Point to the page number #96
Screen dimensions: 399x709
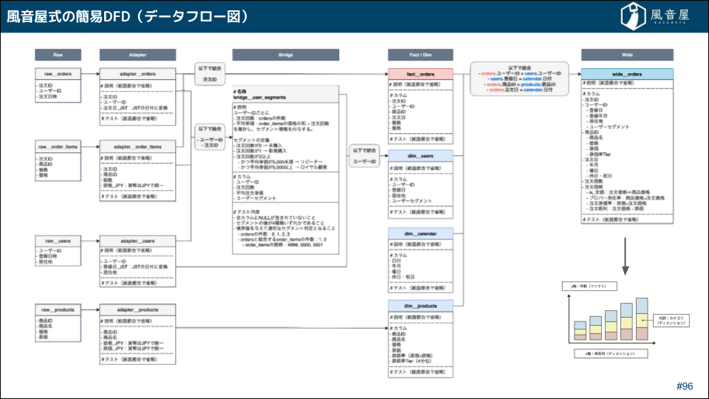[685, 386]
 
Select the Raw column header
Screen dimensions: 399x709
[58, 55]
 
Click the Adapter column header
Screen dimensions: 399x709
[137, 55]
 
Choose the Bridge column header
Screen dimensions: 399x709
[285, 55]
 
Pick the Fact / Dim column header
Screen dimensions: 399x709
[420, 55]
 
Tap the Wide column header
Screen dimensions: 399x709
[626, 55]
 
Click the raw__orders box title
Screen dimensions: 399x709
[58, 74]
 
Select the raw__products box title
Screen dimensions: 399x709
[58, 309]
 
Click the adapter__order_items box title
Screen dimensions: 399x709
[137, 146]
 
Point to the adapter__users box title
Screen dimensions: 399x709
[137, 241]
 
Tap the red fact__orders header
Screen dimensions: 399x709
[420, 74]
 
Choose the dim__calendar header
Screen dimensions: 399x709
[420, 233]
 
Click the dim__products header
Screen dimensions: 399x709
[420, 305]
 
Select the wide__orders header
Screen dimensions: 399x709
[626, 74]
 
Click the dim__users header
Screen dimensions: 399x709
[420, 155]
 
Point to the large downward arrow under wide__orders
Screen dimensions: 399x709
[626, 259]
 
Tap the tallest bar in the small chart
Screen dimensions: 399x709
[641, 318]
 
